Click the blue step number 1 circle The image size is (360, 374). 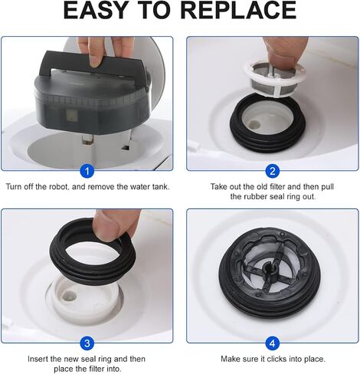87,171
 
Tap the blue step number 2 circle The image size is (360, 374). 273,171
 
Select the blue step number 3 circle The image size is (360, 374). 87,343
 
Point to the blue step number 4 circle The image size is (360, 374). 273,343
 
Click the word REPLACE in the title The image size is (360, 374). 238,10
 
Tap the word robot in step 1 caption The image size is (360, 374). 59,186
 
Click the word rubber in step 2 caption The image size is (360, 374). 258,196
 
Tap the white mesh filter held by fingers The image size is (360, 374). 275,77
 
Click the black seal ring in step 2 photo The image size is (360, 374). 267,137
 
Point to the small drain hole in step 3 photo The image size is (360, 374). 70,296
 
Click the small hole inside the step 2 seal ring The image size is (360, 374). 254,124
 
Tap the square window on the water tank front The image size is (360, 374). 72,116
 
